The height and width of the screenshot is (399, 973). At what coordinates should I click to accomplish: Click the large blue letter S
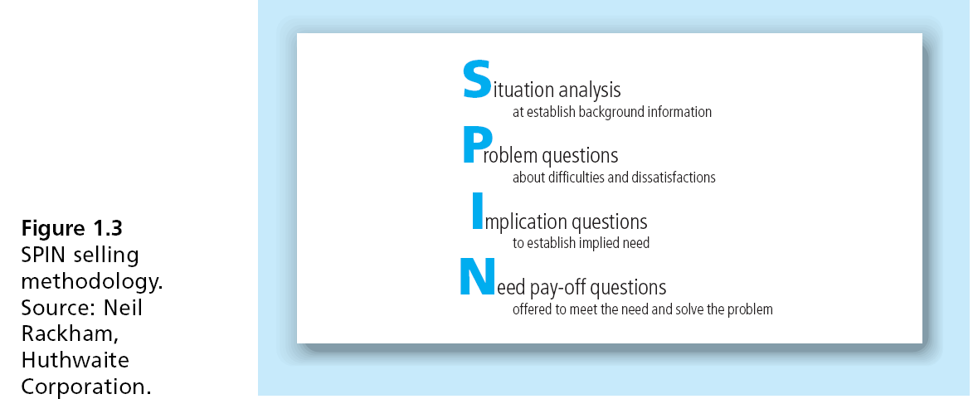coord(476,80)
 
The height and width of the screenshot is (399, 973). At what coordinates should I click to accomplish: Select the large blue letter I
coord(477,211)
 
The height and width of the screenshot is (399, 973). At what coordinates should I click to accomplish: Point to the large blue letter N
coord(477,277)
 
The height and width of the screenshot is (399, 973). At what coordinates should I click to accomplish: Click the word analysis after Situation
coord(590,90)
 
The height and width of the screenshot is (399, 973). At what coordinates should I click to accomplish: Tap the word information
coord(680,112)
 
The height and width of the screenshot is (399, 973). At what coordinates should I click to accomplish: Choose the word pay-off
coord(558,287)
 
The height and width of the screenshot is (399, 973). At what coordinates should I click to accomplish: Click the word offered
coord(531,309)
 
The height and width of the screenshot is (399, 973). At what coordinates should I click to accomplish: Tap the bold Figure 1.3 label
coord(72,228)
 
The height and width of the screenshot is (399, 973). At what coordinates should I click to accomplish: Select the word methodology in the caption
coord(92,282)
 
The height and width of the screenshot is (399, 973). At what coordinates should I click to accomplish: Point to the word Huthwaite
coord(75,361)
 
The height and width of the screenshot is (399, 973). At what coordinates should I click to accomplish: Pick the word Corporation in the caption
coord(86,387)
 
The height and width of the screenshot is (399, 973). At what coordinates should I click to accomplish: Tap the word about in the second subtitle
coord(528,178)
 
